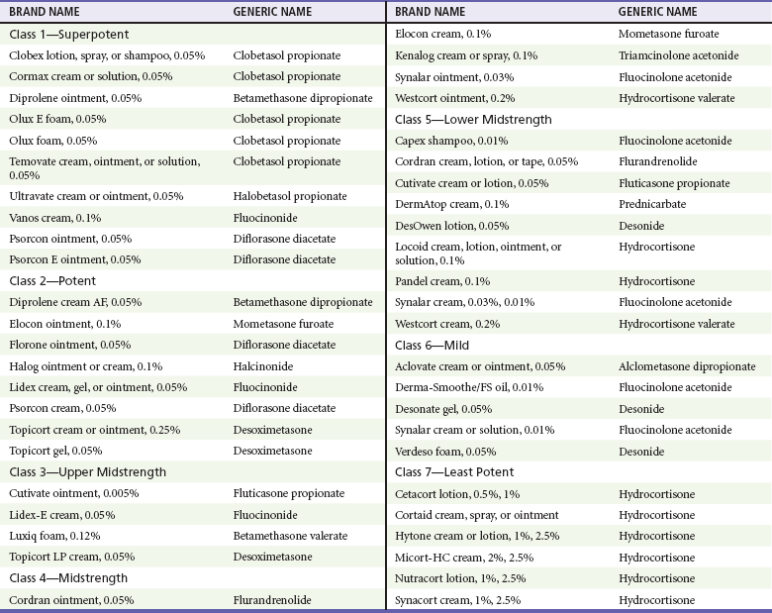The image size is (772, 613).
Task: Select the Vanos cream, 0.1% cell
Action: tap(55, 218)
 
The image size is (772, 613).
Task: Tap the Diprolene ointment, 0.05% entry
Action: tap(75, 98)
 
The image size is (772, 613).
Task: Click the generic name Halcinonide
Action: tap(264, 365)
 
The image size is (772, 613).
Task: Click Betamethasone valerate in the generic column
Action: tap(290, 536)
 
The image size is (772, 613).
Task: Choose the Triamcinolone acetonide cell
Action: tap(676, 55)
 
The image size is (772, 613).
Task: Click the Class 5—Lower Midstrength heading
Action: tap(474, 119)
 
